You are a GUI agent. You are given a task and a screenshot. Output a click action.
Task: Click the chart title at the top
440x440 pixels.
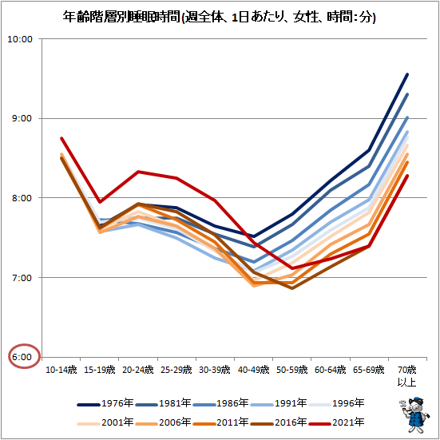(x=220, y=16)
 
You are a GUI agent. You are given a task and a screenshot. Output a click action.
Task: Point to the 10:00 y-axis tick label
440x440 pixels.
(x=21, y=39)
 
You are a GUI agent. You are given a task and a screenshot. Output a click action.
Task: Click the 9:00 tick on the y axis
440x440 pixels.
(x=22, y=118)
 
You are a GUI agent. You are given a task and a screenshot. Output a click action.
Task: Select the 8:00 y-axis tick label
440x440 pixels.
(x=22, y=198)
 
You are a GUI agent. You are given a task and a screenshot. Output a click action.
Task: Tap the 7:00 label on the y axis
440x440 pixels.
(x=22, y=278)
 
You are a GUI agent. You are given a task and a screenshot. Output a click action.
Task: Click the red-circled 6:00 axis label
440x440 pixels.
(x=22, y=357)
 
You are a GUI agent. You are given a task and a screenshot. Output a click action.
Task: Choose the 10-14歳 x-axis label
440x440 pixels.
(x=61, y=371)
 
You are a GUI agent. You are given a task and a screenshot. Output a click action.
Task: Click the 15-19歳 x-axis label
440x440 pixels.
(x=99, y=371)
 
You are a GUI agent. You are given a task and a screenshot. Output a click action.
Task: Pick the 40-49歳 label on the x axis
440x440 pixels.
(x=253, y=371)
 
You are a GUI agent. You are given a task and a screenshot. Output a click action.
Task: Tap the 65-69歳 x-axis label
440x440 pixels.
(x=368, y=371)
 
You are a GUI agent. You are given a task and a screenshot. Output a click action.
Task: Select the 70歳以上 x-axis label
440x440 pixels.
(x=406, y=376)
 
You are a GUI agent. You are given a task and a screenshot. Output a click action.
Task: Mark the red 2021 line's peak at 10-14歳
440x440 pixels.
(x=61, y=138)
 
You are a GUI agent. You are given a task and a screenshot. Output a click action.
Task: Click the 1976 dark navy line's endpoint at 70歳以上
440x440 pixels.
(x=407, y=74)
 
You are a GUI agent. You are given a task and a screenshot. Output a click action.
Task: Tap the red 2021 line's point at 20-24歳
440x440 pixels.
(x=138, y=172)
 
